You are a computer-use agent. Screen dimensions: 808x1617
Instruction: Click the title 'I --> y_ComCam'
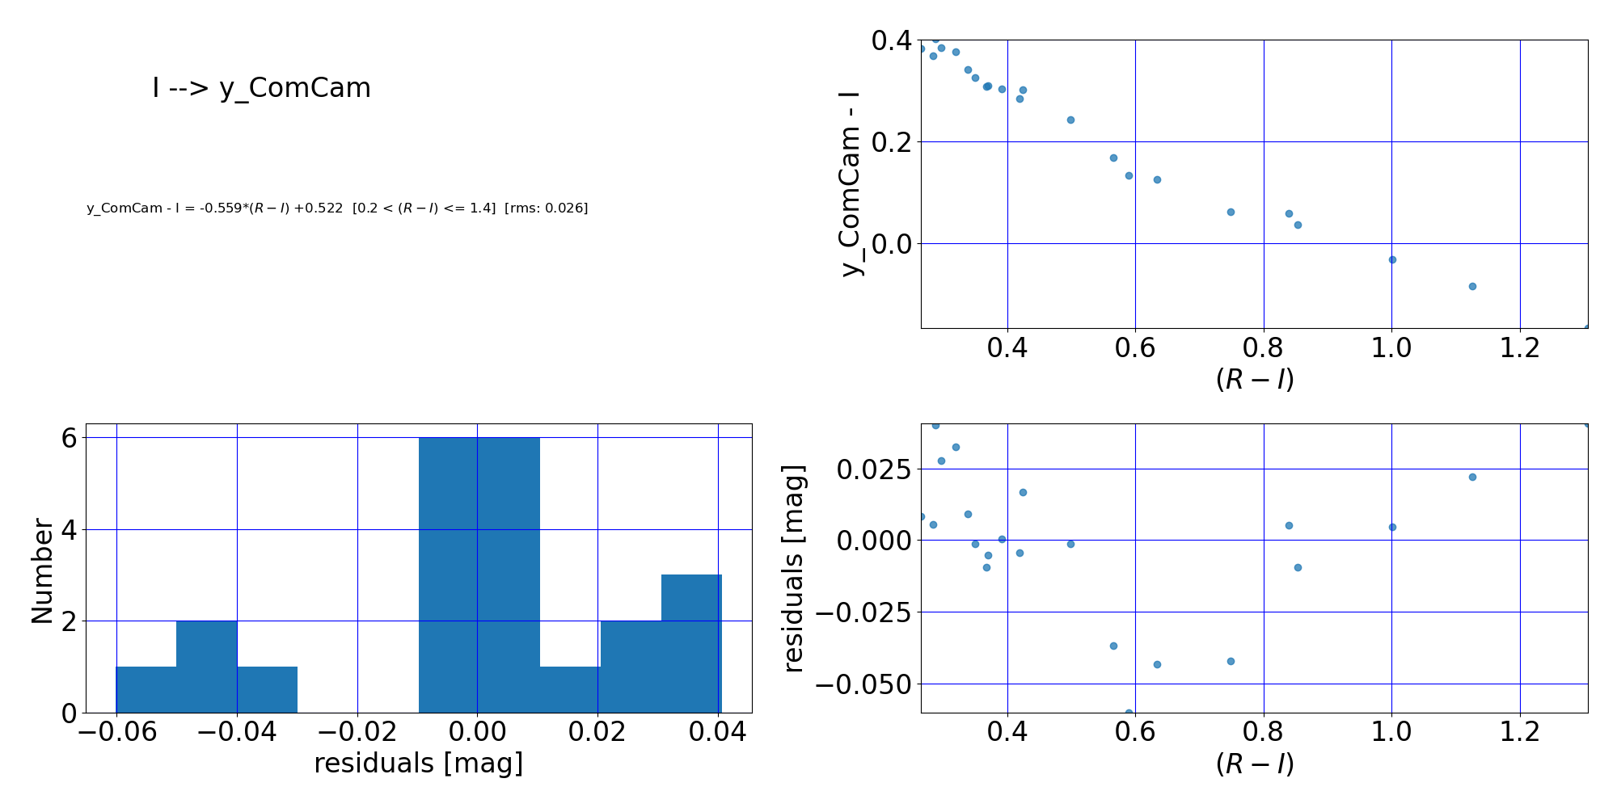tap(261, 87)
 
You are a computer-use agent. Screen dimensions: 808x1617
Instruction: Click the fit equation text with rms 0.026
tap(337, 208)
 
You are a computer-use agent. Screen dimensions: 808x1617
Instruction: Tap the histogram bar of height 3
tap(690, 643)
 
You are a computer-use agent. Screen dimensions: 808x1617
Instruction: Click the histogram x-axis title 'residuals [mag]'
tap(418, 764)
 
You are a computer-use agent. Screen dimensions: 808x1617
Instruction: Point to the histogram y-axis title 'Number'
tap(42, 571)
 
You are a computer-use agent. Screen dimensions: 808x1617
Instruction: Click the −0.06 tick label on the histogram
tap(116, 732)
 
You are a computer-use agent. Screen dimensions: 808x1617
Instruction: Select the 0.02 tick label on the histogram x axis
tap(597, 732)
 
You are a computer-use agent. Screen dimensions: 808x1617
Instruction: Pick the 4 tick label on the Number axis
tap(69, 530)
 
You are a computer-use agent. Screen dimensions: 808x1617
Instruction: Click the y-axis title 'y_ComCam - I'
tap(851, 183)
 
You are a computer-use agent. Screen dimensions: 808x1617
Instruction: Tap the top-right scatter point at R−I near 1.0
tap(1392, 259)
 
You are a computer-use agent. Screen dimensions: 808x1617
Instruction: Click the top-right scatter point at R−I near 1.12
tap(1472, 286)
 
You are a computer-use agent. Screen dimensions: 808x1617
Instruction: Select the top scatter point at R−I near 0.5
tap(1070, 120)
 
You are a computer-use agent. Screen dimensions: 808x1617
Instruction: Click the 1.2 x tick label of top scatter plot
tap(1519, 348)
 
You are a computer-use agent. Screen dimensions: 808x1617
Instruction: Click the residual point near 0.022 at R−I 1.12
tap(1472, 477)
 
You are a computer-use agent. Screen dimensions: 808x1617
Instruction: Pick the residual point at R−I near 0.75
tap(1231, 661)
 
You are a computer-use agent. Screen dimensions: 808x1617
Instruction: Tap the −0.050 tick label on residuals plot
tap(861, 684)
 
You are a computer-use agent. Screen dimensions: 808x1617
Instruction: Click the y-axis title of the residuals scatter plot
tap(795, 568)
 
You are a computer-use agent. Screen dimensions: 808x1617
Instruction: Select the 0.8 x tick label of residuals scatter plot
tap(1263, 732)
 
